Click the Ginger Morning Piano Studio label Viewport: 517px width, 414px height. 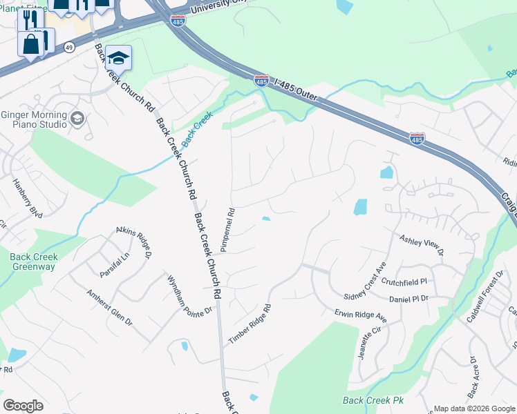click(x=34, y=119)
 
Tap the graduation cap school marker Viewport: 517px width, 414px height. click(x=118, y=59)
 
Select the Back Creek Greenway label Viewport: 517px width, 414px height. click(x=34, y=262)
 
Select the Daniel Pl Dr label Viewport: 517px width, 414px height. click(x=408, y=299)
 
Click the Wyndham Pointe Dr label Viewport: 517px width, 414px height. click(x=189, y=296)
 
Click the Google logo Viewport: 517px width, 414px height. click(x=23, y=406)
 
